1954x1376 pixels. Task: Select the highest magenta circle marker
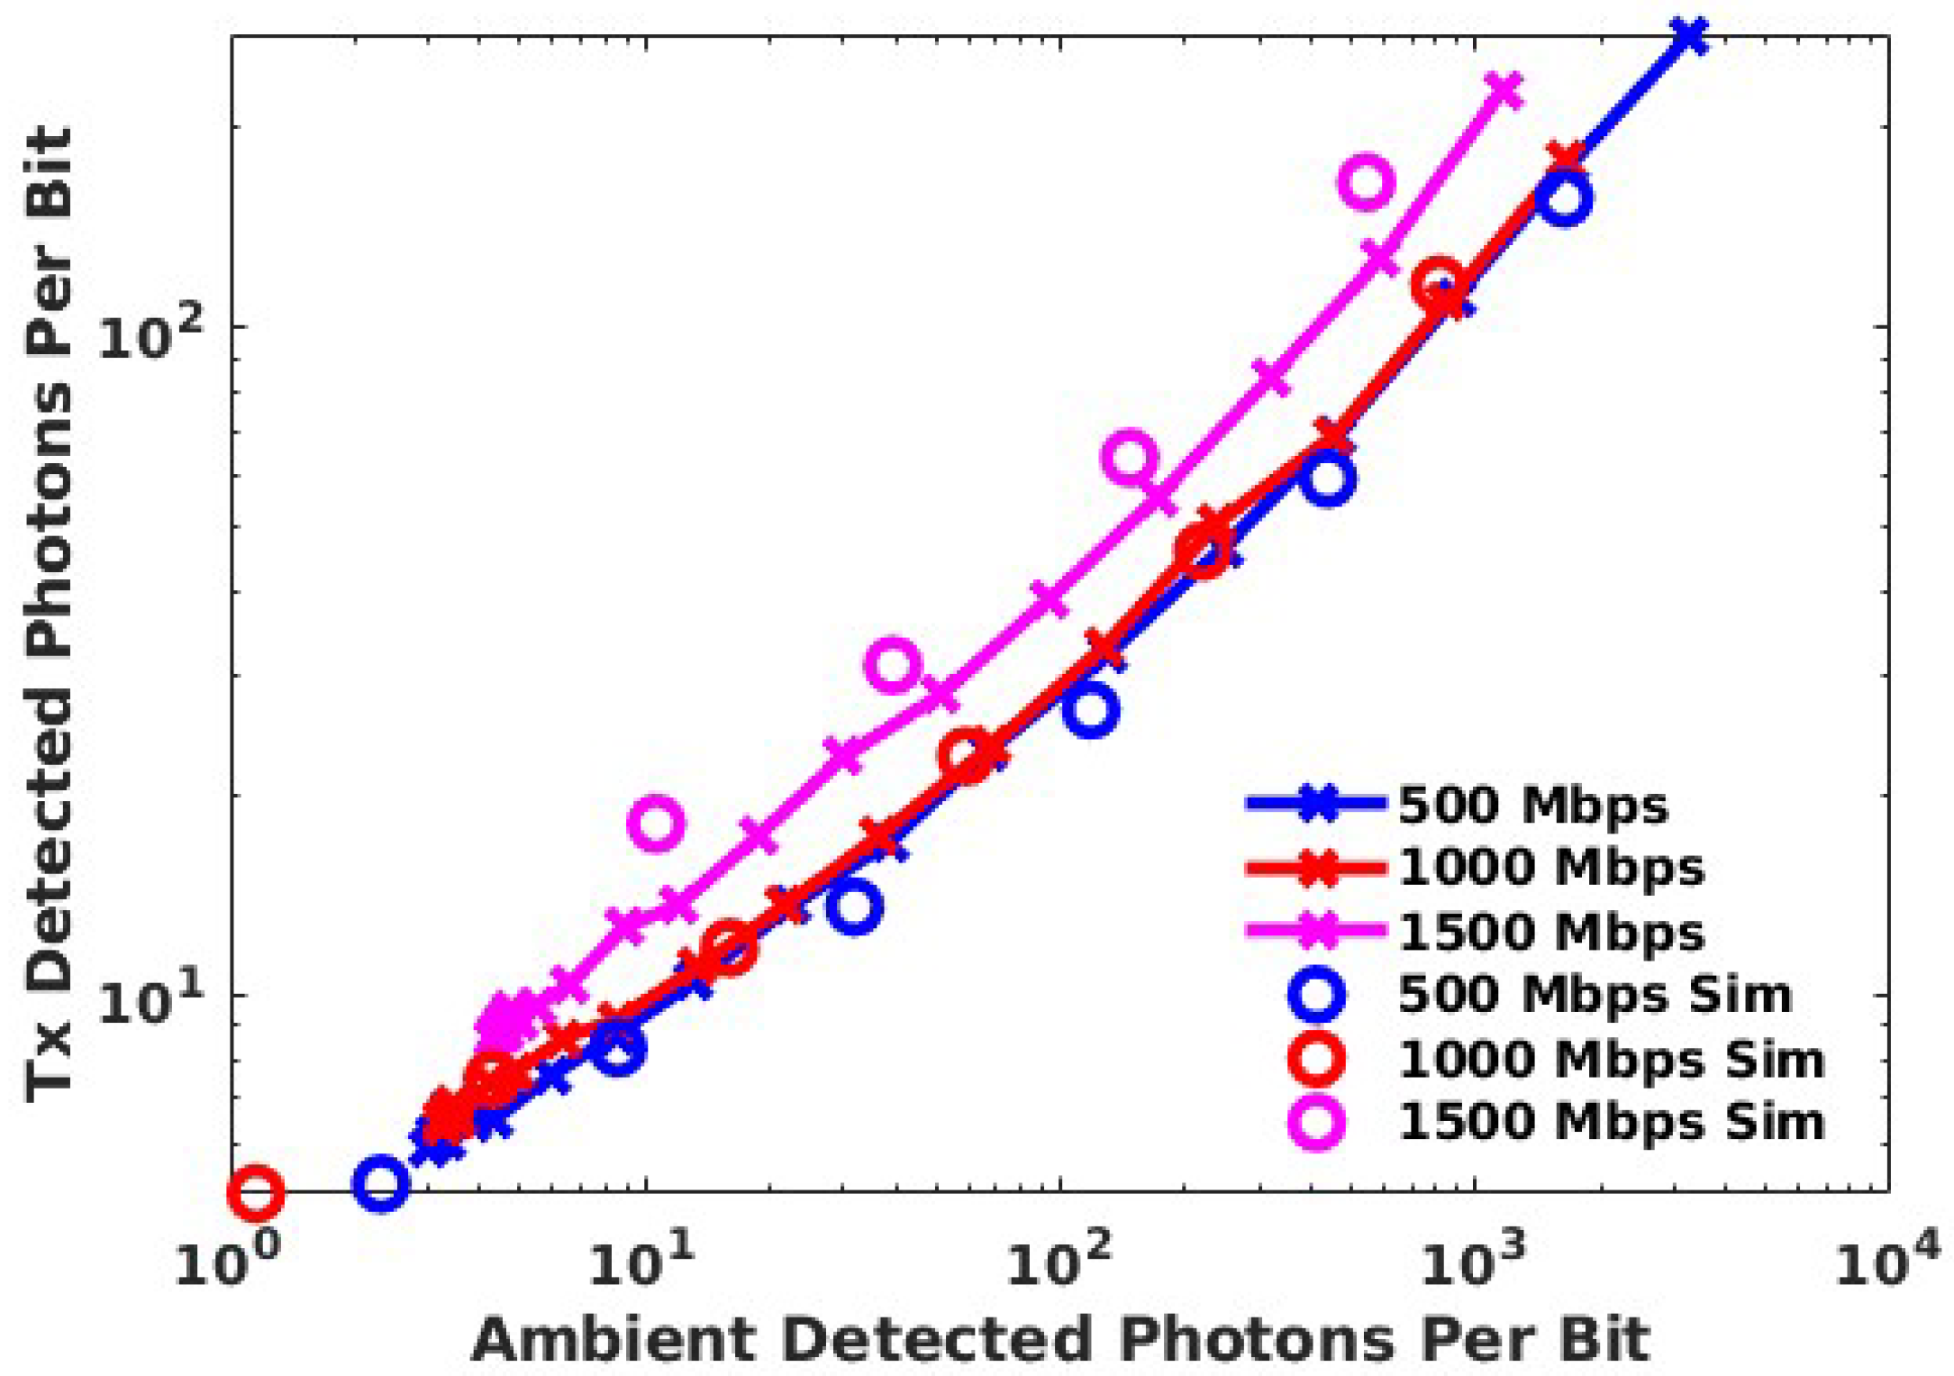(x=1367, y=182)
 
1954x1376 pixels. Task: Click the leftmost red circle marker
(x=256, y=1191)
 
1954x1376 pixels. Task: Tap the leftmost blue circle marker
(x=380, y=1182)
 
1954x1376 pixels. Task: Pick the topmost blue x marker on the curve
(x=1689, y=36)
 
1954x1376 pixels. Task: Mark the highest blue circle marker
(x=1563, y=199)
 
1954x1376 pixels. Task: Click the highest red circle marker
(x=1438, y=283)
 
